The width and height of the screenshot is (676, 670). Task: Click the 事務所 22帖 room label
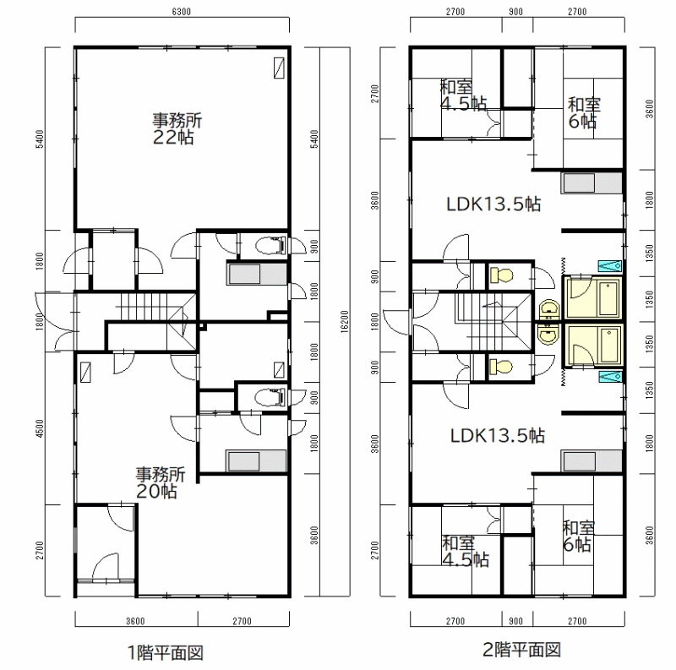(177, 129)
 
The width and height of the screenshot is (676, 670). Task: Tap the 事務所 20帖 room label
(161, 483)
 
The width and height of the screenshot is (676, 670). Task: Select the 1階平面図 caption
(166, 652)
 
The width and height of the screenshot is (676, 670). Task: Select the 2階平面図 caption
(521, 650)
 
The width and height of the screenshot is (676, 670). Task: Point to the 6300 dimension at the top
(181, 12)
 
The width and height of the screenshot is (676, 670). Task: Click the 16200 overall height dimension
(344, 321)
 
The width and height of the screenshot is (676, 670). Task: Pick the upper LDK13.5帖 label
(493, 204)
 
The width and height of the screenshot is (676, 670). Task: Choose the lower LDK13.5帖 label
(498, 435)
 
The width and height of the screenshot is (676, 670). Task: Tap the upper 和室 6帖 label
(584, 113)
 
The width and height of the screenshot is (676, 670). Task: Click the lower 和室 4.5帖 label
(466, 551)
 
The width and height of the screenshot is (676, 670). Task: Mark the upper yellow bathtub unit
(593, 297)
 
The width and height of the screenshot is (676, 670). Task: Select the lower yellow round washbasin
(548, 334)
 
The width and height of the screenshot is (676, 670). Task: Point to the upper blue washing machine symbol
(609, 266)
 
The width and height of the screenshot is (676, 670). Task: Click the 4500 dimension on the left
(40, 428)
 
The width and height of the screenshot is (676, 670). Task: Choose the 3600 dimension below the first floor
(135, 621)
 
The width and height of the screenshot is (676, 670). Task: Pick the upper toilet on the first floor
(270, 246)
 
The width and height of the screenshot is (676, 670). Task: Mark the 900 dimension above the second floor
(516, 12)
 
